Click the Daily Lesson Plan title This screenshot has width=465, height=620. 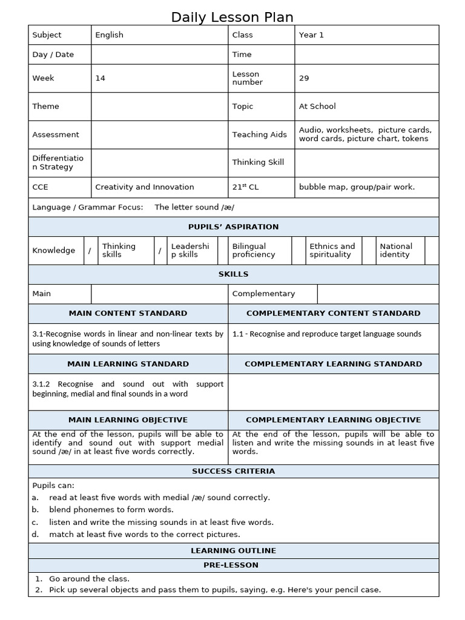[x=232, y=17]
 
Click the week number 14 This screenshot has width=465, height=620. [x=101, y=78]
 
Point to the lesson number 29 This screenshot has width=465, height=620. [x=304, y=78]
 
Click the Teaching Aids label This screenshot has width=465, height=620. [x=259, y=134]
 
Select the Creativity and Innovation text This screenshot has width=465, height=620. [x=145, y=187]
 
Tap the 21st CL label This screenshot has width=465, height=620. [x=245, y=187]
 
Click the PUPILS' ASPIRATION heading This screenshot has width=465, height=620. [x=233, y=227]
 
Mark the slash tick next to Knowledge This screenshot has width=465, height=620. [x=90, y=251]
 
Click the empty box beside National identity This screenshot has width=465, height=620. [x=432, y=251]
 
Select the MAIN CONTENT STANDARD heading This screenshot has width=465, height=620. [x=128, y=314]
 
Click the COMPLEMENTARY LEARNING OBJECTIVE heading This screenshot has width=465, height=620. [x=333, y=420]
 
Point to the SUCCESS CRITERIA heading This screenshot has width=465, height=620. [x=233, y=471]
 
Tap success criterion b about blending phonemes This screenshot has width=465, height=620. [x=111, y=510]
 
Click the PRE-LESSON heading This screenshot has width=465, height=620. [x=233, y=565]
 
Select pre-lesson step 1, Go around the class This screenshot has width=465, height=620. [x=89, y=579]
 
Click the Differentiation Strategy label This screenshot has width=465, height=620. [x=58, y=162]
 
